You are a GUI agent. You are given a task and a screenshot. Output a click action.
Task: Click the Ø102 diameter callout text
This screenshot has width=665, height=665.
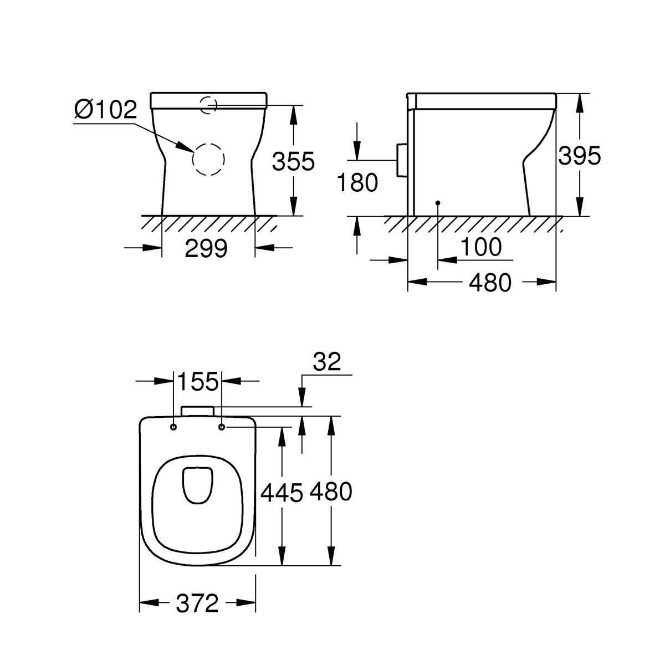(x=106, y=109)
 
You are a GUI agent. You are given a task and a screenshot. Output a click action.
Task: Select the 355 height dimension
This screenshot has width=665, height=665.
(x=293, y=161)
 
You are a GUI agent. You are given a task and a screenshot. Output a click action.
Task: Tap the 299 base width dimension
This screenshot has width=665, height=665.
(x=206, y=248)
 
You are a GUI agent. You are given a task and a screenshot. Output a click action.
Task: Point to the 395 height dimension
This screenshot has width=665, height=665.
(x=580, y=155)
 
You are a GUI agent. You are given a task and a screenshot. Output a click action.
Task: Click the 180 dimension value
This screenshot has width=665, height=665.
(x=357, y=182)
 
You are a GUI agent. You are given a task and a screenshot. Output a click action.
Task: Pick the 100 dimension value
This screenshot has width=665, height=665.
(x=480, y=247)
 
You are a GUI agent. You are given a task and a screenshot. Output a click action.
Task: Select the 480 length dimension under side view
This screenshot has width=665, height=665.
(x=490, y=282)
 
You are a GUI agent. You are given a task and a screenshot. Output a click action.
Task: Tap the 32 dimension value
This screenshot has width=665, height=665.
(x=327, y=361)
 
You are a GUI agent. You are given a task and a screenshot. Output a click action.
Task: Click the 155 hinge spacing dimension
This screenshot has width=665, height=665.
(x=198, y=381)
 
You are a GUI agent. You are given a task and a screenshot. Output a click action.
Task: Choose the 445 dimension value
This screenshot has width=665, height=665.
(x=282, y=492)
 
